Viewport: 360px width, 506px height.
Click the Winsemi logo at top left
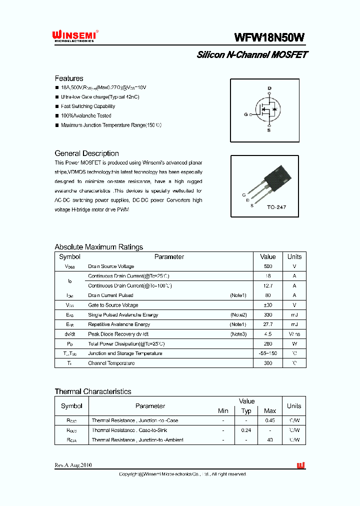[74, 36]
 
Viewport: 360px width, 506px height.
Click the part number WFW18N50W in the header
[269, 38]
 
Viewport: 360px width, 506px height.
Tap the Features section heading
[69, 78]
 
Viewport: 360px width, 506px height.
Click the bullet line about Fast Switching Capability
[87, 106]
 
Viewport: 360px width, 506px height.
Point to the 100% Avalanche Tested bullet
[85, 116]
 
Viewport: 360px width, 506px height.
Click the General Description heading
[86, 153]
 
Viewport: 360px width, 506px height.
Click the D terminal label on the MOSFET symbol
[269, 88]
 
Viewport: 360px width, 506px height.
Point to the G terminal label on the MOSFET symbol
[246, 114]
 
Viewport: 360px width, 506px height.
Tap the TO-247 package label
[276, 207]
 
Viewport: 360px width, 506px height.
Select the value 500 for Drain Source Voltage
[268, 266]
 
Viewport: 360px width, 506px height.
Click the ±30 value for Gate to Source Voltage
[268, 305]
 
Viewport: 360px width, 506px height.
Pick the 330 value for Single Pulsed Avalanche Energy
[268, 315]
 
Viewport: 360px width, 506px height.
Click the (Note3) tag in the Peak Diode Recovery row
[238, 334]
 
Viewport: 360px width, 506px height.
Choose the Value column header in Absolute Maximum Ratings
[268, 256]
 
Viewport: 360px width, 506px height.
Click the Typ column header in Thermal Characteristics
[246, 411]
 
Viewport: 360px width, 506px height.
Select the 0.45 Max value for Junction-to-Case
[270, 420]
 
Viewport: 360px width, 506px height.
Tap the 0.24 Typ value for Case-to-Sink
[246, 430]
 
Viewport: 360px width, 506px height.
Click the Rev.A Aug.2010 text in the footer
[73, 465]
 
